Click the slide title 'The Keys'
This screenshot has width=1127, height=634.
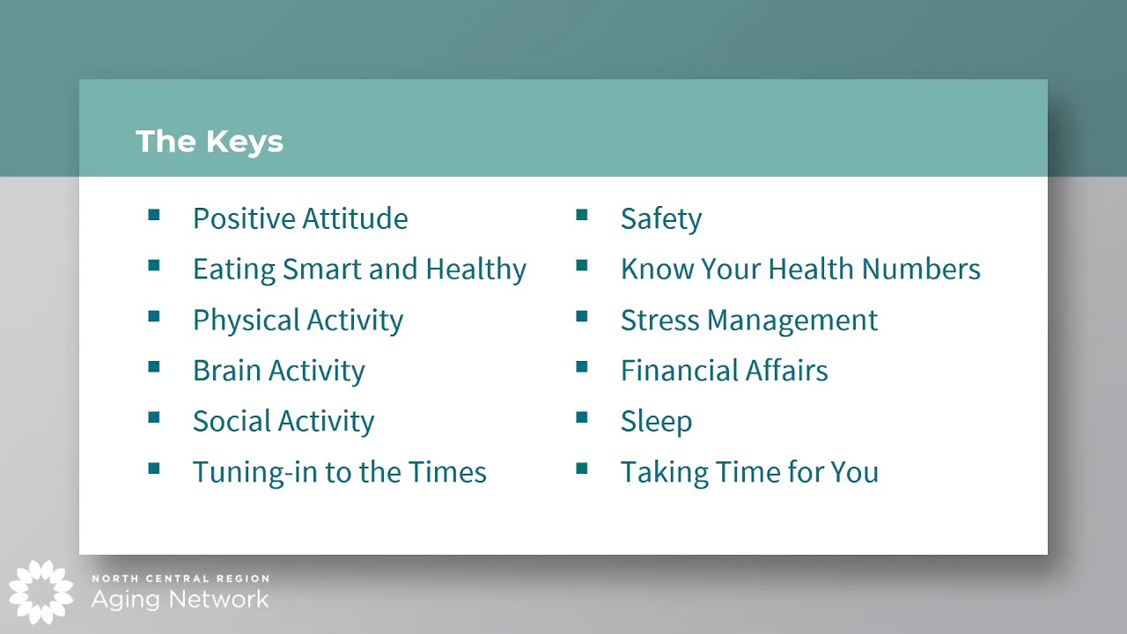coord(210,141)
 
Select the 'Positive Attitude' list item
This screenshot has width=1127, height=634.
coord(299,218)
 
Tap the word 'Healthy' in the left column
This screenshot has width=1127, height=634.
coord(475,269)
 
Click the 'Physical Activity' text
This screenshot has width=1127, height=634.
coord(298,320)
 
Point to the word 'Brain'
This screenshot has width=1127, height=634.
coord(226,371)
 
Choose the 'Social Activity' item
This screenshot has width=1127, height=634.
coord(283,421)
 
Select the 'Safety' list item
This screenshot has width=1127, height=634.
coord(660,218)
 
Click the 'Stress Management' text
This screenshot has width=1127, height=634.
coord(748,320)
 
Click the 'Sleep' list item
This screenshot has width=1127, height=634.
coord(656,421)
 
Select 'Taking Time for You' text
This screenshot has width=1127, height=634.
coord(748,472)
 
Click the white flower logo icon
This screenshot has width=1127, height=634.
coord(41,592)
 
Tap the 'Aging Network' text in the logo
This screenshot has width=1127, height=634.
coord(180,600)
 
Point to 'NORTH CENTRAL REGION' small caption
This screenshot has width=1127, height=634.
coord(180,579)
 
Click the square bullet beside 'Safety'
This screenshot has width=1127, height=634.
coord(582,215)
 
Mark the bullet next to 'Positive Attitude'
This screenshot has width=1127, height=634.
coord(154,215)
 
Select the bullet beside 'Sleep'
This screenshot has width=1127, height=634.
coord(582,417)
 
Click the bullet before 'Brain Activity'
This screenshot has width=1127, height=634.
coord(154,367)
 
